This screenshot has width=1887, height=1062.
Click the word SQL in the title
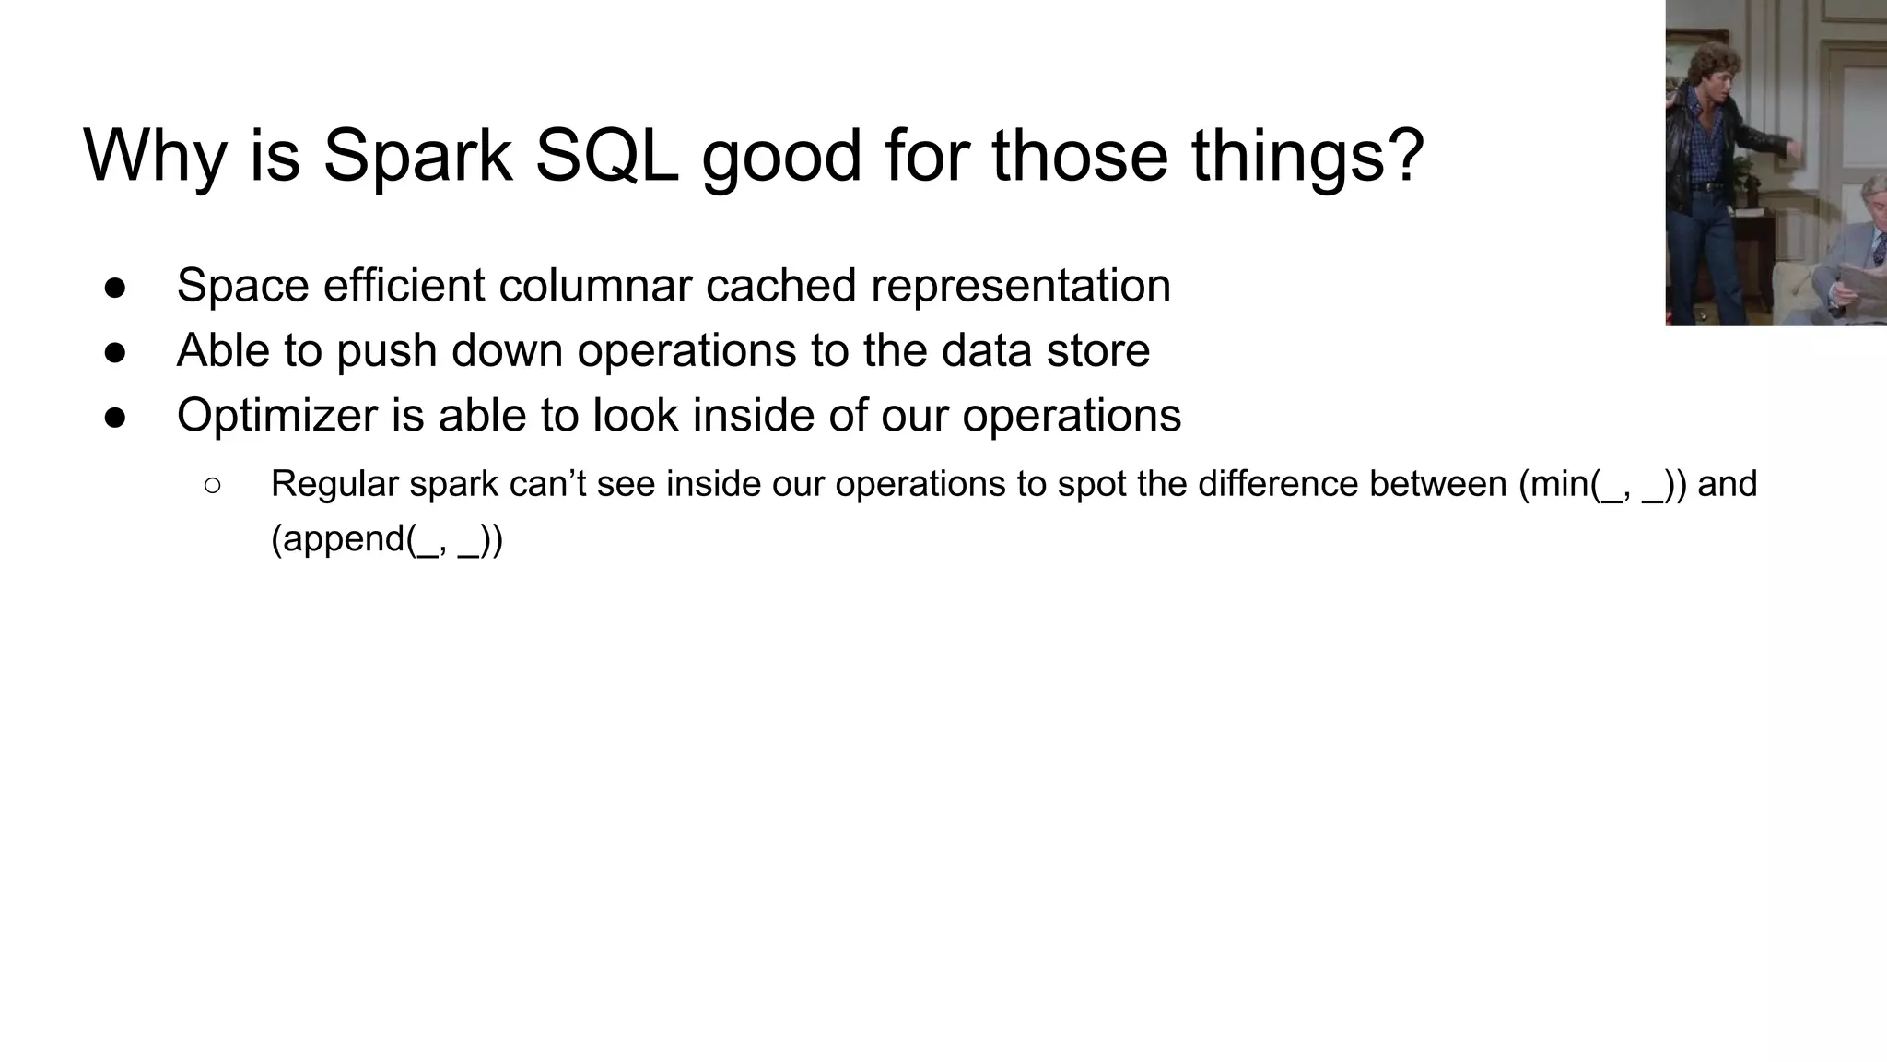[x=605, y=155]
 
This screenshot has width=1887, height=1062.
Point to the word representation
[x=1020, y=285]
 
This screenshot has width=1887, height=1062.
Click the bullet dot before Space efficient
[x=115, y=287]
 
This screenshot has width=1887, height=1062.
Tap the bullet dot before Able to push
[x=115, y=352]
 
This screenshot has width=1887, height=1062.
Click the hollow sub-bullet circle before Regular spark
[x=212, y=486]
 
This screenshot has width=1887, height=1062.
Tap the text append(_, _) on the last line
[x=387, y=538]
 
